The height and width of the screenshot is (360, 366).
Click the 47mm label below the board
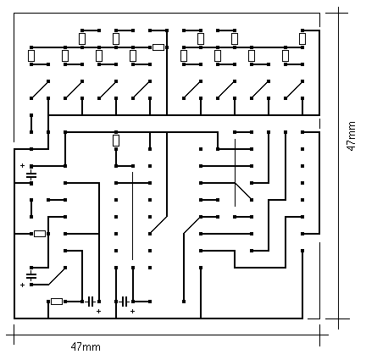click(x=86, y=346)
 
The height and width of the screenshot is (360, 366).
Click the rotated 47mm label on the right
click(x=351, y=136)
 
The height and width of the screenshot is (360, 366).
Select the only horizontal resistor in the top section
click(x=158, y=47)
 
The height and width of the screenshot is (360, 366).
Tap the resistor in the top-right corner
click(x=302, y=39)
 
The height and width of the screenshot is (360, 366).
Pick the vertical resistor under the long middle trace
click(x=116, y=141)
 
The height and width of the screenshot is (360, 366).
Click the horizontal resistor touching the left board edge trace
click(x=40, y=234)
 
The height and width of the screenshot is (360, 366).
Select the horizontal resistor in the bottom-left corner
click(x=57, y=302)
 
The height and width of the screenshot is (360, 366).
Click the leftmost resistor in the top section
click(x=31, y=56)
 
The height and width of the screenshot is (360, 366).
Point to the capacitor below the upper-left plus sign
click(x=31, y=175)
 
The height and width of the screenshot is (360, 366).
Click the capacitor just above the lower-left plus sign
click(x=31, y=275)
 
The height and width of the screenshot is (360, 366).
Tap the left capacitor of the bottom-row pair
click(x=91, y=302)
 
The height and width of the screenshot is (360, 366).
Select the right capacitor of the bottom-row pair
click(x=125, y=302)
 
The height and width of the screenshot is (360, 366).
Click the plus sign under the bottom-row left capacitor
click(x=98, y=311)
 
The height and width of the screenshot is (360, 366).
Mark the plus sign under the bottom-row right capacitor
click(x=132, y=311)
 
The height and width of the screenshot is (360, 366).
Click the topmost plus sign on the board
click(x=22, y=165)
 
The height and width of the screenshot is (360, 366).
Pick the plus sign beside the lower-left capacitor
click(x=22, y=285)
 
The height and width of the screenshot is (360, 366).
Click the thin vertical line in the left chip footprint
click(x=132, y=216)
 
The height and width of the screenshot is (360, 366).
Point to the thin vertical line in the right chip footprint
click(x=235, y=172)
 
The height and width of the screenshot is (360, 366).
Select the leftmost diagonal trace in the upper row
click(x=40, y=90)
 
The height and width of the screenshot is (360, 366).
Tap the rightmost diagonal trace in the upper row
click(x=294, y=90)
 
